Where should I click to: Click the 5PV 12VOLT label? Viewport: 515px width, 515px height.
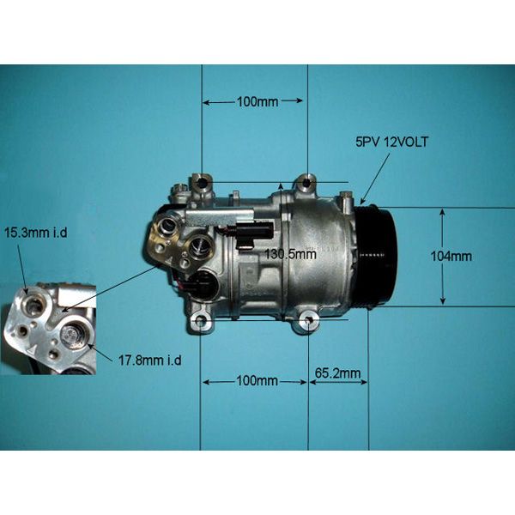[391, 142]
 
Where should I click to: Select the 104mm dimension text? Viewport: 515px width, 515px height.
[451, 256]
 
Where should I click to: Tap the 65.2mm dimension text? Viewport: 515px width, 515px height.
[337, 373]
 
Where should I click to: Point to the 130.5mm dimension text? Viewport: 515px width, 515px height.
[290, 254]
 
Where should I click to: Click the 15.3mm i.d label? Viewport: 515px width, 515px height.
[36, 233]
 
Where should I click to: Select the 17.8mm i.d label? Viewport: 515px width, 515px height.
[149, 360]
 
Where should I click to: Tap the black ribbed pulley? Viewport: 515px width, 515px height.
[378, 256]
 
